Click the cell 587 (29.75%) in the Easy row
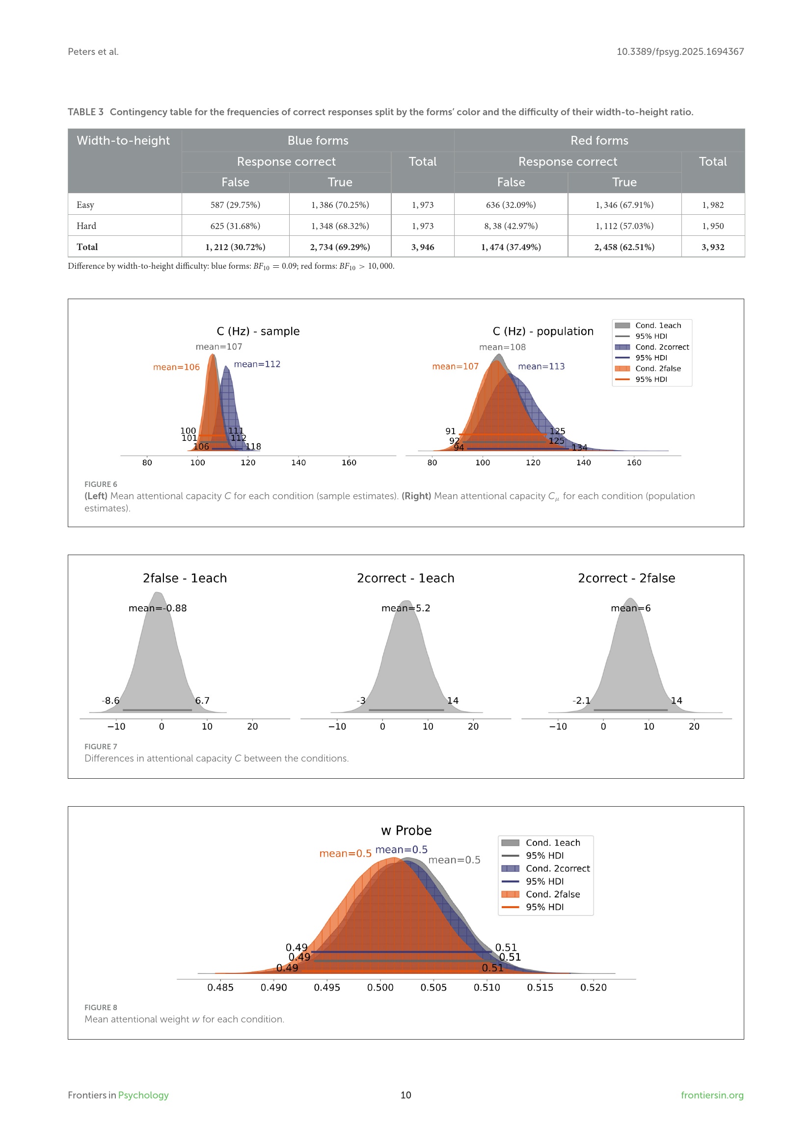[x=235, y=205]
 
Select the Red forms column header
[x=599, y=140]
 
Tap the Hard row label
[x=86, y=226]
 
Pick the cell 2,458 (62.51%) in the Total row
[x=624, y=247]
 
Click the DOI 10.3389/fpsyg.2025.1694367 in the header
[x=679, y=51]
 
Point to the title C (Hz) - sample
[x=258, y=331]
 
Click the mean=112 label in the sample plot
[x=257, y=364]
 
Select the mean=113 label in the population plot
[x=541, y=366]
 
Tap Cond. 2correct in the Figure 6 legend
[x=661, y=347]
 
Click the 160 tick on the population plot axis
[x=633, y=462]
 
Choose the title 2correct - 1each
[x=406, y=578]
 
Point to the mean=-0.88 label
[x=158, y=608]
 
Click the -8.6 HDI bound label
[x=110, y=700]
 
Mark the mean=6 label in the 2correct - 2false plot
[x=630, y=608]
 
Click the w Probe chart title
[x=406, y=830]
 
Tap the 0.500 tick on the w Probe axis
[x=380, y=987]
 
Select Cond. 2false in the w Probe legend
[x=552, y=894]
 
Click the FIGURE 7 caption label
[x=101, y=746]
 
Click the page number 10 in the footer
[x=406, y=1095]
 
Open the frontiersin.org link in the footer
[x=711, y=1095]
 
